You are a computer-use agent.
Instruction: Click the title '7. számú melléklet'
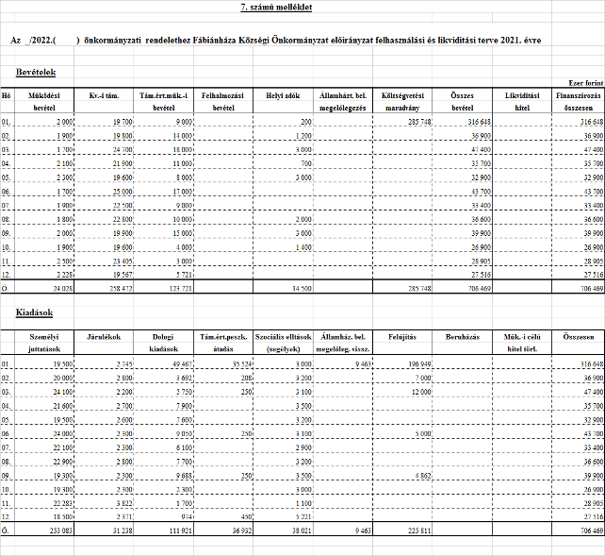[276, 8]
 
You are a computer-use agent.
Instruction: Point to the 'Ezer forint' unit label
[585, 83]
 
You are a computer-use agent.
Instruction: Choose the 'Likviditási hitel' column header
[522, 101]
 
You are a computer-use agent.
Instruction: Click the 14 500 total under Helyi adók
[299, 288]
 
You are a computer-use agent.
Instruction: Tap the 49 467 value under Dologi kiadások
[180, 362]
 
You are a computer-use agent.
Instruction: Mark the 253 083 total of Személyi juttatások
[58, 531]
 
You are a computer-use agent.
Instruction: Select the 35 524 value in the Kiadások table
[239, 362]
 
